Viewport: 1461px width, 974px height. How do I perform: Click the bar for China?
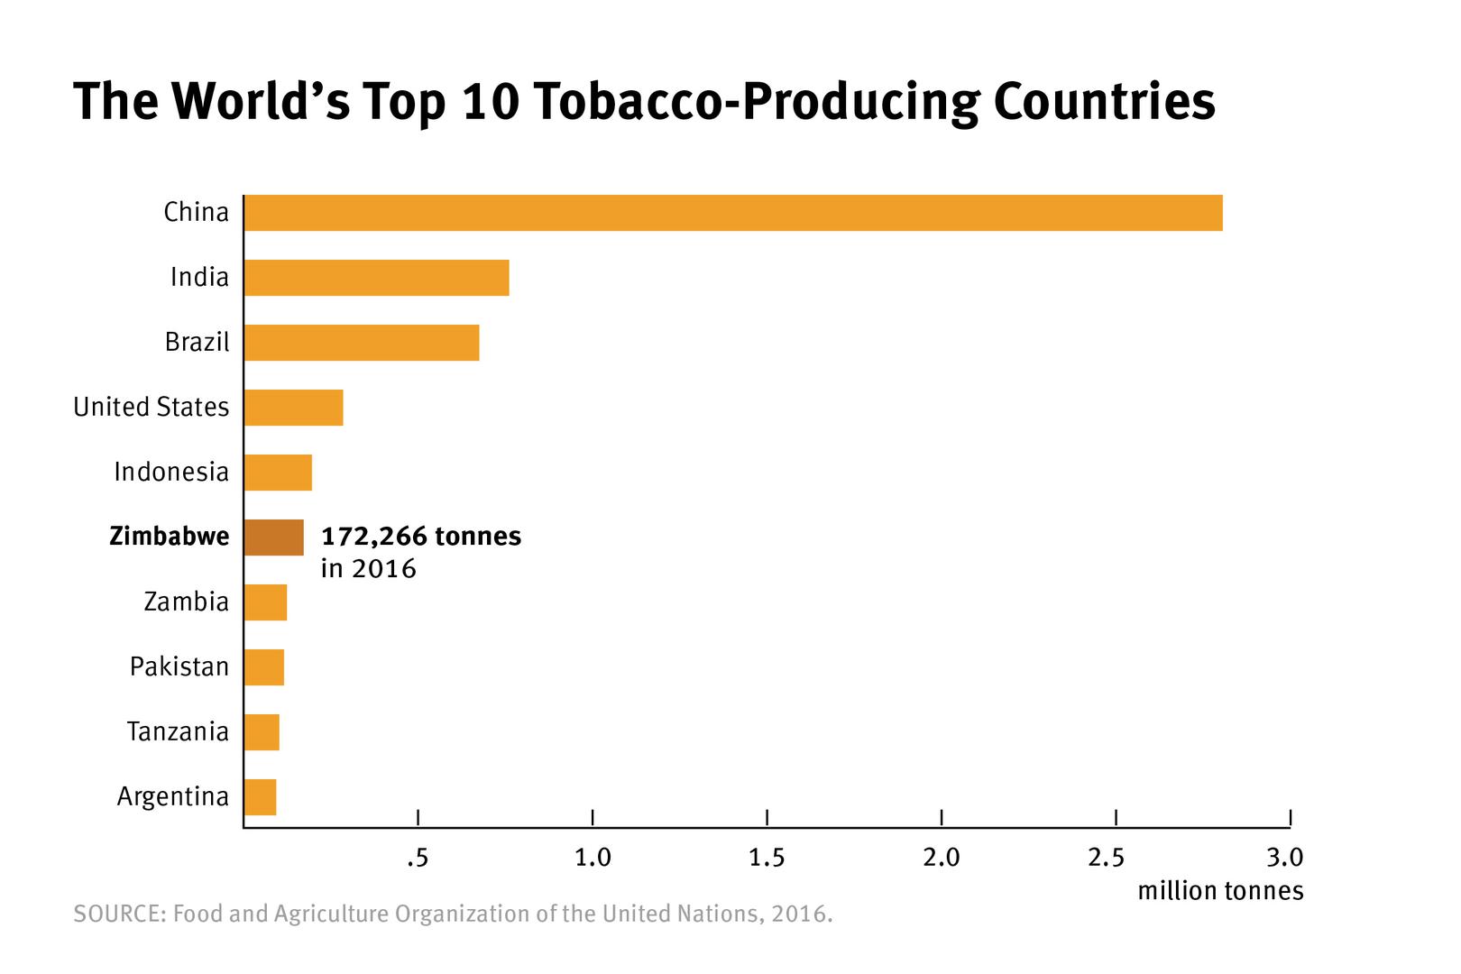(x=732, y=213)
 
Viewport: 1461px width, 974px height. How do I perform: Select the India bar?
(x=376, y=278)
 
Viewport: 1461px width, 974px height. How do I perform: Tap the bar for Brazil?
(x=361, y=343)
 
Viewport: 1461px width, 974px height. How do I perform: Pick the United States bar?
(x=293, y=408)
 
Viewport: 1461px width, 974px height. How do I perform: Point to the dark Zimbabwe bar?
(x=273, y=538)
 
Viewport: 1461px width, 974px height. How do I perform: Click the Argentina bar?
(x=260, y=797)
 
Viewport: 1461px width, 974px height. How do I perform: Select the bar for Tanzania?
(x=262, y=732)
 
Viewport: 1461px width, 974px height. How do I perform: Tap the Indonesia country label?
(x=171, y=472)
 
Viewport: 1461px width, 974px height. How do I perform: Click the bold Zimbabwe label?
(x=169, y=537)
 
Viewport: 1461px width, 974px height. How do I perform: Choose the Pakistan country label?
(x=179, y=666)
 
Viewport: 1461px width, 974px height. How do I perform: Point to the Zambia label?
(x=186, y=602)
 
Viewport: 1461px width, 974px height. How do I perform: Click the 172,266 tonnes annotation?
(x=421, y=537)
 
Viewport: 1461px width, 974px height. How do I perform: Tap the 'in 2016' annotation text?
(x=368, y=569)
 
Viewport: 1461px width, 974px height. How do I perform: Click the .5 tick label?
(x=417, y=858)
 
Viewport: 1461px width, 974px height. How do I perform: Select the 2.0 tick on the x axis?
(x=942, y=858)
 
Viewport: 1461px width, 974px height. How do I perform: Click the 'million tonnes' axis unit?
(x=1220, y=891)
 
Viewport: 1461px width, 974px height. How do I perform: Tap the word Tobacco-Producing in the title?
(x=755, y=102)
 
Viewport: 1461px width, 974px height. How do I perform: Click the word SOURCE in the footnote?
(x=117, y=914)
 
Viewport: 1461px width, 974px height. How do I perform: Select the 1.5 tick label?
(x=767, y=858)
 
